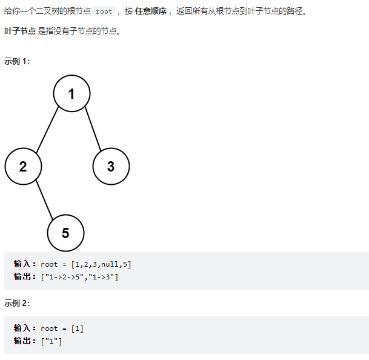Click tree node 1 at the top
(71, 93)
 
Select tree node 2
(23, 166)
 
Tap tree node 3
(111, 166)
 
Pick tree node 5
(65, 233)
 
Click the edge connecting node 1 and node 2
(47, 130)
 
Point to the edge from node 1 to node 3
(91, 130)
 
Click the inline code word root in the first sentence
(104, 11)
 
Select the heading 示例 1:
(17, 61)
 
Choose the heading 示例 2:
(17, 302)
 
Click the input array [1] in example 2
(77, 328)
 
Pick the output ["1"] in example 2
(52, 341)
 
